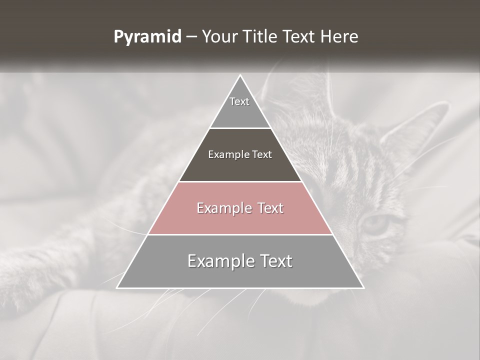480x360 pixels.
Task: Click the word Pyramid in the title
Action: click(147, 37)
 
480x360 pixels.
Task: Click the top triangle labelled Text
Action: click(240, 107)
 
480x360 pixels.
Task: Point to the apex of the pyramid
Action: click(240, 76)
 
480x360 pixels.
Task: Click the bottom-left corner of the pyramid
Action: click(118, 287)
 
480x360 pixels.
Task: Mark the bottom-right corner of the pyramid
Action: click(362, 287)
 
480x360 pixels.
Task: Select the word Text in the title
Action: click(300, 37)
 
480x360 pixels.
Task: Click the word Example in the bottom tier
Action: click(216, 261)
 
